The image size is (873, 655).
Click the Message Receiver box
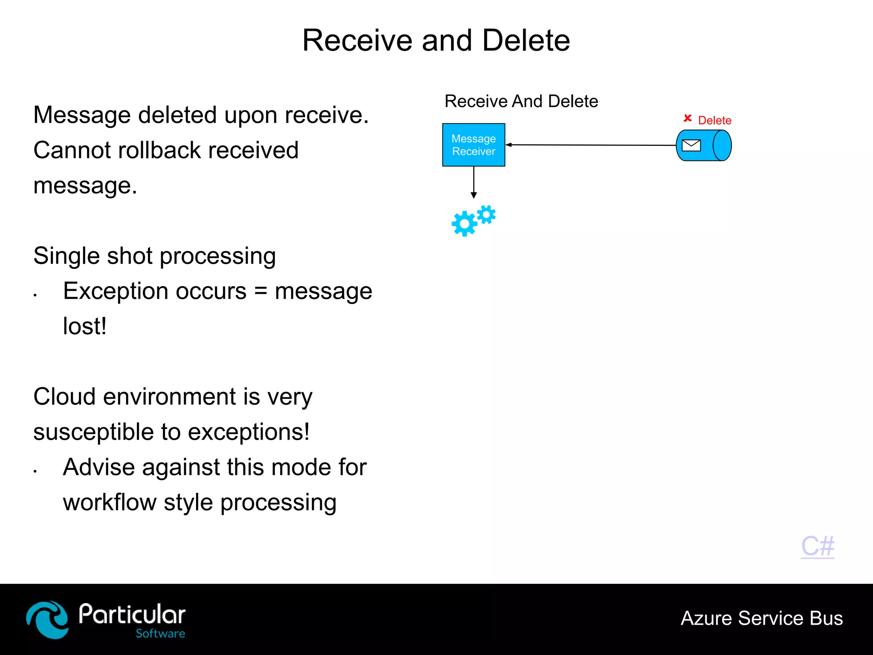click(x=474, y=145)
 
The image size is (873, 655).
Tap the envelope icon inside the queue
click(x=691, y=146)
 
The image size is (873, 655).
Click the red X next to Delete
click(x=687, y=118)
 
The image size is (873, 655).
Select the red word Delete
click(x=714, y=121)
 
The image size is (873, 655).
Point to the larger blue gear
click(x=464, y=223)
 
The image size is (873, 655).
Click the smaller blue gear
click(x=486, y=215)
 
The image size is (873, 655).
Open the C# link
click(x=818, y=546)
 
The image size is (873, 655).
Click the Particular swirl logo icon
click(x=47, y=620)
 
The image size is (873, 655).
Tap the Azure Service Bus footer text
click(x=762, y=618)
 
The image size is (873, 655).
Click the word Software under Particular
click(x=160, y=634)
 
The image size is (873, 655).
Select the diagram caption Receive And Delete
click(x=521, y=101)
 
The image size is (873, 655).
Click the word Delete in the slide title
click(x=526, y=41)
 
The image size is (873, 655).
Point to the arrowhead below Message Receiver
click(x=474, y=195)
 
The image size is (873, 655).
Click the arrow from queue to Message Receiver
click(x=593, y=145)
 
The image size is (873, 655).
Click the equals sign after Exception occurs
click(x=260, y=291)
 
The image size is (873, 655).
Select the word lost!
click(x=84, y=327)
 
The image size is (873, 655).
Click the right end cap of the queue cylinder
click(x=722, y=146)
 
